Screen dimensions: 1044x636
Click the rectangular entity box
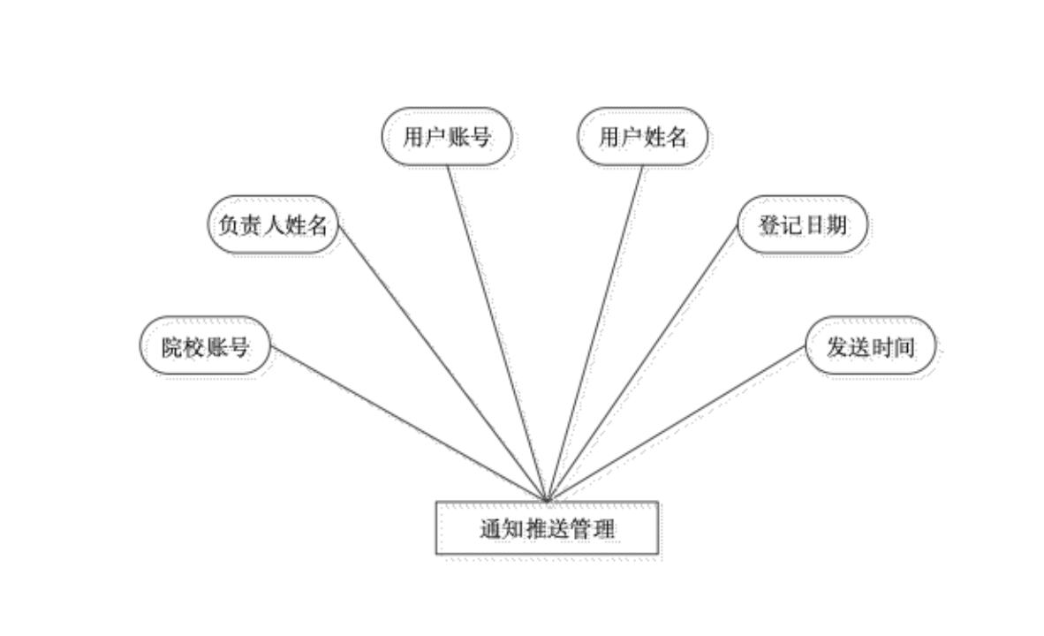click(548, 530)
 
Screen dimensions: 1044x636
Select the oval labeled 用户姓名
click(643, 138)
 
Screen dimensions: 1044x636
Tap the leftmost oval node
click(206, 347)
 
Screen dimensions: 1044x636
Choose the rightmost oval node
click(871, 347)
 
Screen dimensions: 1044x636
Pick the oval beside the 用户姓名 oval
click(448, 138)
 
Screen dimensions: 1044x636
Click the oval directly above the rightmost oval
click(804, 226)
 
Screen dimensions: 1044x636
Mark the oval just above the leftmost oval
click(275, 226)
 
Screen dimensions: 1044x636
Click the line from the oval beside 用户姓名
click(499, 327)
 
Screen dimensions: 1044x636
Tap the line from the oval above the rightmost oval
click(645, 362)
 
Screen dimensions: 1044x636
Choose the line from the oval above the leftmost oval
click(442, 362)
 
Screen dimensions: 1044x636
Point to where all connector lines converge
click(548, 499)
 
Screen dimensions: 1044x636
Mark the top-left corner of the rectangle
click(436, 503)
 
